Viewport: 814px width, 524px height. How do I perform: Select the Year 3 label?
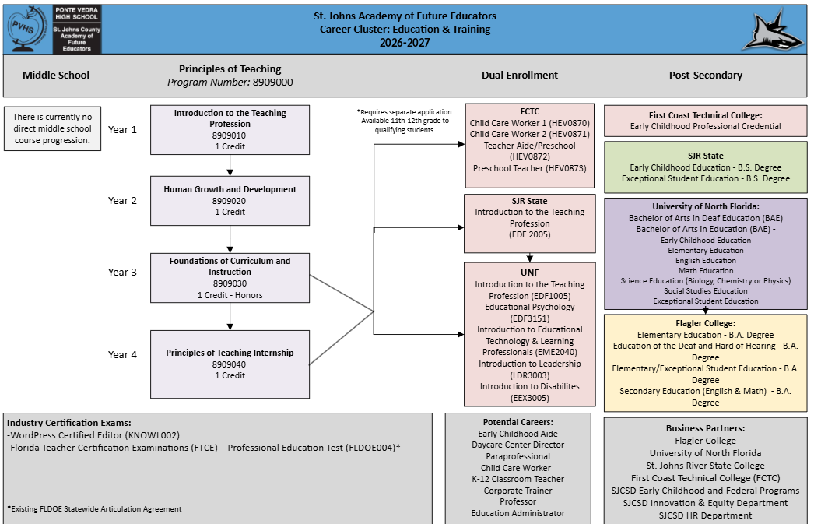122,273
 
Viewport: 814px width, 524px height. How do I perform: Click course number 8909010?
230,135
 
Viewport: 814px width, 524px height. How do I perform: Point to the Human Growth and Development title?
230,189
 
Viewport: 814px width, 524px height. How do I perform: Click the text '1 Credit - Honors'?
230,295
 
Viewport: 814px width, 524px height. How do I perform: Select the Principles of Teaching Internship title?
230,353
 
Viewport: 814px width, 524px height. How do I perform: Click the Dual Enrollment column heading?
520,76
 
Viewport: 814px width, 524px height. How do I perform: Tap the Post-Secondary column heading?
706,76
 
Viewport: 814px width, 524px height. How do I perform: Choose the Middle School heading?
56,76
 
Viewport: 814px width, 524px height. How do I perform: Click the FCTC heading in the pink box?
529,111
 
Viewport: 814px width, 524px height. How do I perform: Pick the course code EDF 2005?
529,234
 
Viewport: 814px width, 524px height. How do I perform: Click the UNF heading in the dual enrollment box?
529,273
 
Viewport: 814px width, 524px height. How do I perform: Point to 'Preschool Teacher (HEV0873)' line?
529,168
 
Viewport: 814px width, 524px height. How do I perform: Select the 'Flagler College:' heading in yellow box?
706,324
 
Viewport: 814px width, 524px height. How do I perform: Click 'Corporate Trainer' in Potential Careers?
518,491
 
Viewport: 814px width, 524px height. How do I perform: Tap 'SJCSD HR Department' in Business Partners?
706,515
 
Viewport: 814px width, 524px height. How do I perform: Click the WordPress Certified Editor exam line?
93,436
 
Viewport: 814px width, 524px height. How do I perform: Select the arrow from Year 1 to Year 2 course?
230,165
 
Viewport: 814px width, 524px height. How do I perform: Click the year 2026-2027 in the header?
405,43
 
